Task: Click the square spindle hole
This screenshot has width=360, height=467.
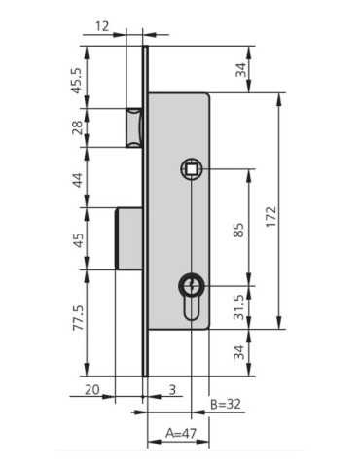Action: pyautogui.click(x=191, y=169)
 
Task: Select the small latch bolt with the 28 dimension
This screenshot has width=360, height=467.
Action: pyautogui.click(x=134, y=126)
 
